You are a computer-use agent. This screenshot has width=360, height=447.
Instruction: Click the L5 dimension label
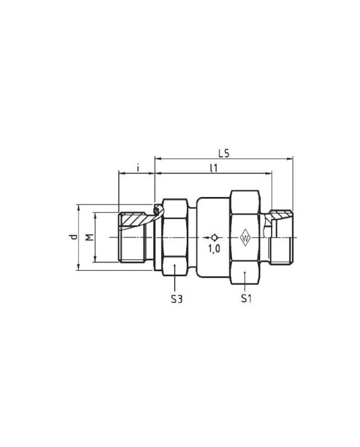[223, 153]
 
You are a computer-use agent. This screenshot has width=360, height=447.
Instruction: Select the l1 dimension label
[213, 168]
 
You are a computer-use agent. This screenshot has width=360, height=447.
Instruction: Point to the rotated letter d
[74, 237]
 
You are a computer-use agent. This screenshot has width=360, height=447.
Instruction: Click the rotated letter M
[89, 237]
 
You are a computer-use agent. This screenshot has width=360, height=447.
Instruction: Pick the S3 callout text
[176, 298]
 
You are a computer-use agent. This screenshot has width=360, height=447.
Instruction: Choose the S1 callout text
[246, 298]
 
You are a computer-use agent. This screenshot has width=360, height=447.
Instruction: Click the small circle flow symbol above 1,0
[214, 237]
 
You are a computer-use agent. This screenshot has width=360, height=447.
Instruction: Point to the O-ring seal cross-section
[156, 209]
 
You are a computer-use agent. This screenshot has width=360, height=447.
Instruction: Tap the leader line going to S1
[245, 281]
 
